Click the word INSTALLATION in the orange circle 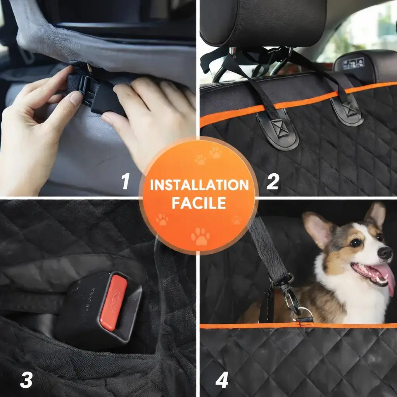tap(199, 185)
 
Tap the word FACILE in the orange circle tap(199, 203)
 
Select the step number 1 tap(125, 181)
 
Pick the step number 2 tap(273, 181)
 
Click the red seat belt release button tap(113, 302)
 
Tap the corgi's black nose tap(385, 253)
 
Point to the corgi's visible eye tap(355, 242)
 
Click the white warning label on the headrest tap(353, 63)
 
